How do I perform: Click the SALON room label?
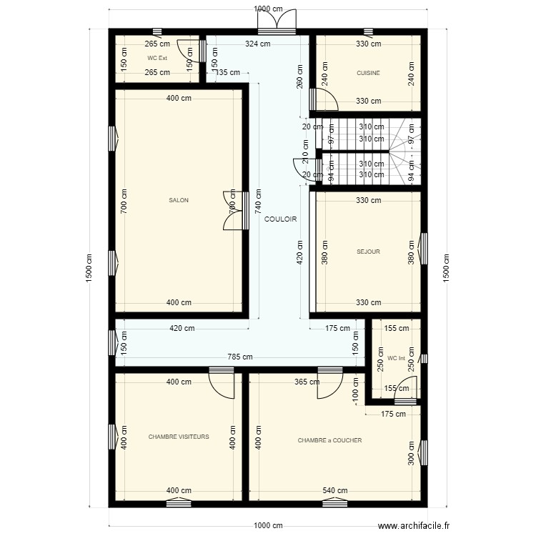pyautogui.click(x=179, y=201)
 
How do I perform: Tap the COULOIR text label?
pyautogui.click(x=280, y=219)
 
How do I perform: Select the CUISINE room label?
pyautogui.click(x=368, y=73)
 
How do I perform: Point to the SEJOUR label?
pyautogui.click(x=368, y=252)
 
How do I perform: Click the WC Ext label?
pyautogui.click(x=157, y=58)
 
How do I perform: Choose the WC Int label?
pyautogui.click(x=396, y=358)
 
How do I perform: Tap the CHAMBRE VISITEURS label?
pyautogui.click(x=179, y=436)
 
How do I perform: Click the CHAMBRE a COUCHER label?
pyautogui.click(x=329, y=440)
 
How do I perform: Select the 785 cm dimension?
pyautogui.click(x=240, y=357)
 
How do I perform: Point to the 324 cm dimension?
pyautogui.click(x=257, y=44)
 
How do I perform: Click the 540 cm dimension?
pyautogui.click(x=334, y=491)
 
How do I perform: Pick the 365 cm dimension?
pyautogui.click(x=307, y=382)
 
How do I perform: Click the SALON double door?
pyautogui.click(x=233, y=211)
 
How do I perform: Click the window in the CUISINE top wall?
pyautogui.click(x=368, y=31)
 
